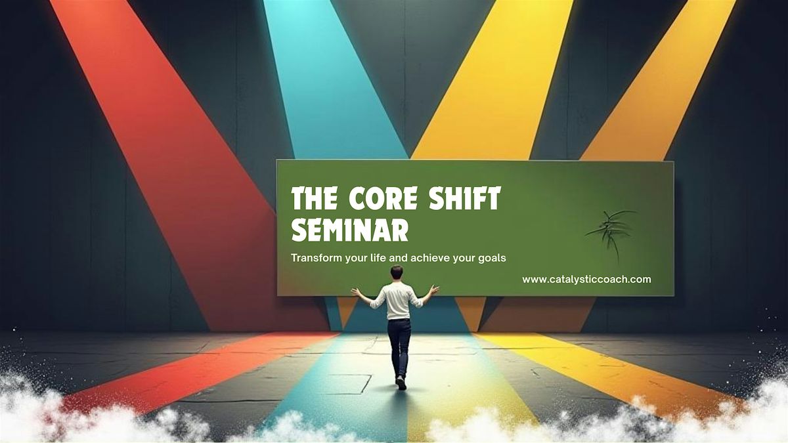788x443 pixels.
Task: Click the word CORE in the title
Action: [383, 198]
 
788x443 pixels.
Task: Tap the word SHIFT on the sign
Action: [465, 198]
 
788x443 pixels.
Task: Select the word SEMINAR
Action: [350, 230]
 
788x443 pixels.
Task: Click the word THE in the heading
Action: [314, 198]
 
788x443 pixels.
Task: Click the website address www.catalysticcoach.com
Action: [586, 280]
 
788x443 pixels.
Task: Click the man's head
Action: [397, 272]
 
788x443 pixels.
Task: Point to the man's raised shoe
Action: [401, 383]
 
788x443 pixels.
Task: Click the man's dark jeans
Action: [399, 348]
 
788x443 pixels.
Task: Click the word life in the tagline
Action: [379, 258]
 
